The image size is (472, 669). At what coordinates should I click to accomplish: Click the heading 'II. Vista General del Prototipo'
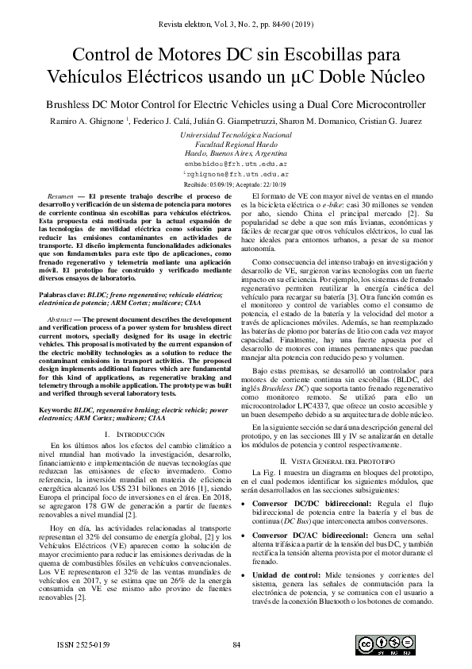pyautogui.click(x=343, y=461)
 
